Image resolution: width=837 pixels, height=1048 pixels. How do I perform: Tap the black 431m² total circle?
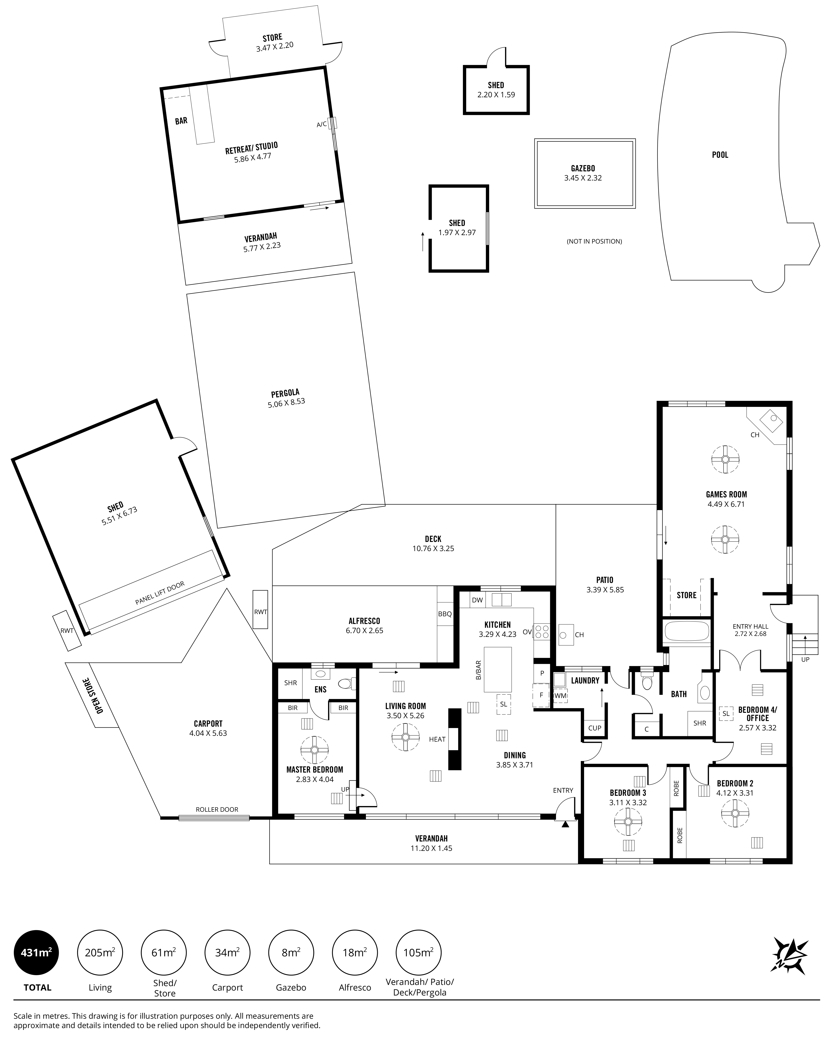pyautogui.click(x=37, y=953)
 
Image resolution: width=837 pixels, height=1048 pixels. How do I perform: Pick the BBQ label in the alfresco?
pyautogui.click(x=445, y=614)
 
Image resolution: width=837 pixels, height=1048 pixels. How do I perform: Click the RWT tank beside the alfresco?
pyautogui.click(x=261, y=609)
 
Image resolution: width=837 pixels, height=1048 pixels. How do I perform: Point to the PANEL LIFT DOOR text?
pyautogui.click(x=160, y=593)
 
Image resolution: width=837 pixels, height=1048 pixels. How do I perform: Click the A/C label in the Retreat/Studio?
pyautogui.click(x=321, y=124)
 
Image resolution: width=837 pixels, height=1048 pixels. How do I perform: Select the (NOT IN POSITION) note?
pyautogui.click(x=594, y=241)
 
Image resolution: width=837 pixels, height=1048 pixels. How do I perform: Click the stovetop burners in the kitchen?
pyautogui.click(x=541, y=632)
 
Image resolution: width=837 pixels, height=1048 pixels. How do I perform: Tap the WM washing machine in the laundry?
pyautogui.click(x=560, y=696)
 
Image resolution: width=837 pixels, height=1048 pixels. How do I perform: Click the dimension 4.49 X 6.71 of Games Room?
pyautogui.click(x=726, y=504)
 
